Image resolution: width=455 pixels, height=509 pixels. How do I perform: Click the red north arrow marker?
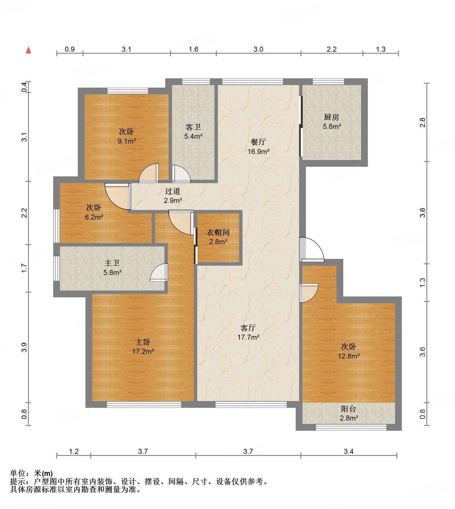pos(28,50)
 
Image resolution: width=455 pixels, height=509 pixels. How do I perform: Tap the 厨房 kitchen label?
pos(332,122)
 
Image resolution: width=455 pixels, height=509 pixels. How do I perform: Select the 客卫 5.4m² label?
pos(193,131)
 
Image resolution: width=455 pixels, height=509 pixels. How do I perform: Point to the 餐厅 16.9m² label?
pos(258,147)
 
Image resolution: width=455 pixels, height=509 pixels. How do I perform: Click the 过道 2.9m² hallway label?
pos(173,196)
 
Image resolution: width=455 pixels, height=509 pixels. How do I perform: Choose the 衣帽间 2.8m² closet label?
pos(218,237)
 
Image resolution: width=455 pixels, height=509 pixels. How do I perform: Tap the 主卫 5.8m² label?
pos(112,268)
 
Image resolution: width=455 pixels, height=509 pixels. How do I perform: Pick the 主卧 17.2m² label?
pos(143,346)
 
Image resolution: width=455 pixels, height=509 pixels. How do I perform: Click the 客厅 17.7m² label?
pos(248,332)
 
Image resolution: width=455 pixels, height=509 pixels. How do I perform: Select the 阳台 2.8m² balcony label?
pos(349,413)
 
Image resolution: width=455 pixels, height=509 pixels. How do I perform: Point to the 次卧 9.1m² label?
pos(126,136)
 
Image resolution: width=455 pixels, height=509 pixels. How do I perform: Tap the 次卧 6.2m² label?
pos(94,212)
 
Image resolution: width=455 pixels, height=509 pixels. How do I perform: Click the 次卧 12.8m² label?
pos(349,351)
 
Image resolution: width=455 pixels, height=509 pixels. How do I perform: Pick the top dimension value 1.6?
pos(193,49)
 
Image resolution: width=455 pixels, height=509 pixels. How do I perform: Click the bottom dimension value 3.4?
pos(349,451)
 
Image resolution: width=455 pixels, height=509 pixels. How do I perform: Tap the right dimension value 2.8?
pos(422,122)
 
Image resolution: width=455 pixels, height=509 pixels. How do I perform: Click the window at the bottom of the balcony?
pos(351,427)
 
